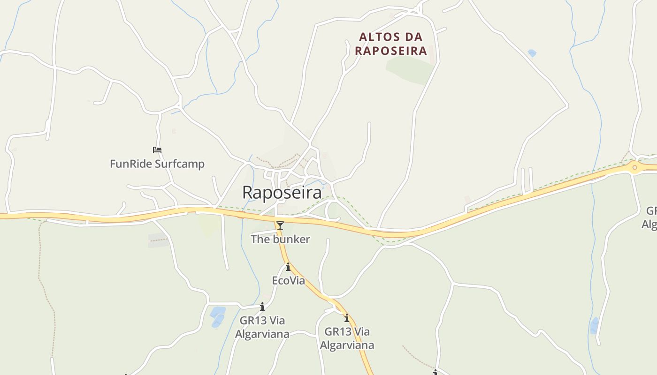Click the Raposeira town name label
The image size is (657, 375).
282,193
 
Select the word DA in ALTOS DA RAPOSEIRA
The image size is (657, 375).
413,37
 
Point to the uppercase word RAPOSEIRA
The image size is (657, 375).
390,51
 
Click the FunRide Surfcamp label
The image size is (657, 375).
157,164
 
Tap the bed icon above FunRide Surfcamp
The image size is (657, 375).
157,150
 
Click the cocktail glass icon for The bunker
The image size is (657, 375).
280,225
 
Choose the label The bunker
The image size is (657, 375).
280,240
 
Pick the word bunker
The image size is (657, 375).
291,240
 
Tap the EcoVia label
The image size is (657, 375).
288,281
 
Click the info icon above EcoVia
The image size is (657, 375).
288,267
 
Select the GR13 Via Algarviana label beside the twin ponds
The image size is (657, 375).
262,327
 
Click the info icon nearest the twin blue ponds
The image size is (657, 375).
262,307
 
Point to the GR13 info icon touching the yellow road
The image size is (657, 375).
347,318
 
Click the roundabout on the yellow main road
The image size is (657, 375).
634,167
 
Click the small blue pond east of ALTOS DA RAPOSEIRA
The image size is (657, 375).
532,53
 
